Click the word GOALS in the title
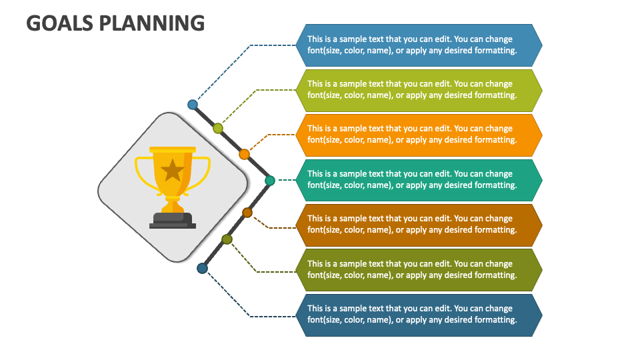(59, 23)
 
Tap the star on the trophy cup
(173, 170)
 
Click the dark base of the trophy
(173, 220)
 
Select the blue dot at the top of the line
(193, 105)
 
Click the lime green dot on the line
(218, 128)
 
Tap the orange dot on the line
(244, 154)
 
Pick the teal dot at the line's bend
(270, 180)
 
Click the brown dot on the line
(247, 213)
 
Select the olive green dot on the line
(227, 239)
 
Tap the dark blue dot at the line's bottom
(202, 268)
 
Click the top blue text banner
(419, 45)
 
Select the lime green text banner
(419, 90)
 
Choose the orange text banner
(419, 135)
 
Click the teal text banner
(419, 180)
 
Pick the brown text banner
(419, 225)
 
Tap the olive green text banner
(419, 270)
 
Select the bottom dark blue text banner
(419, 315)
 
